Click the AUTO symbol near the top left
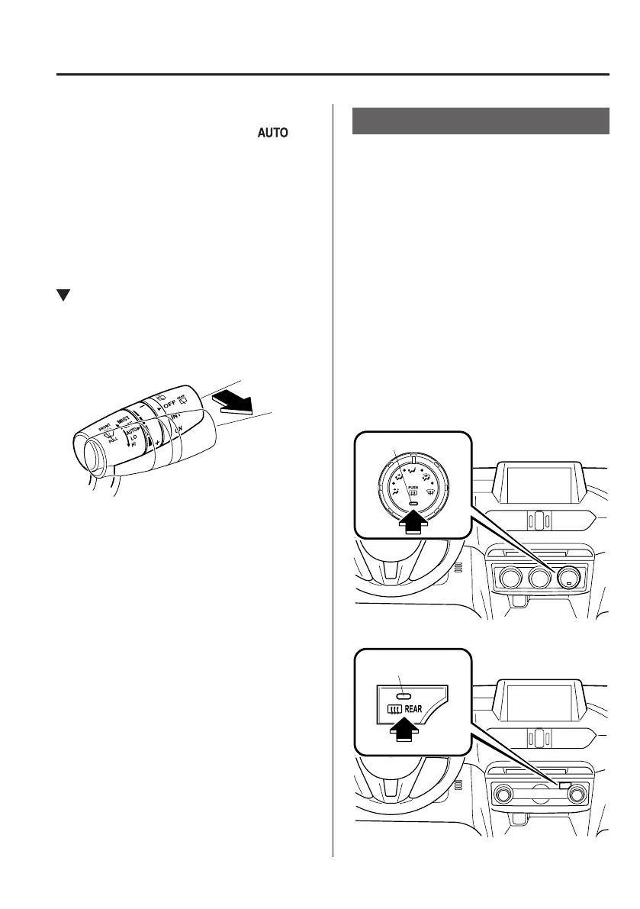272,133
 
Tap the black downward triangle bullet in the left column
63,295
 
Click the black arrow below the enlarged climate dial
412,524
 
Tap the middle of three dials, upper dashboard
539,578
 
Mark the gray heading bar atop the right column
481,121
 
